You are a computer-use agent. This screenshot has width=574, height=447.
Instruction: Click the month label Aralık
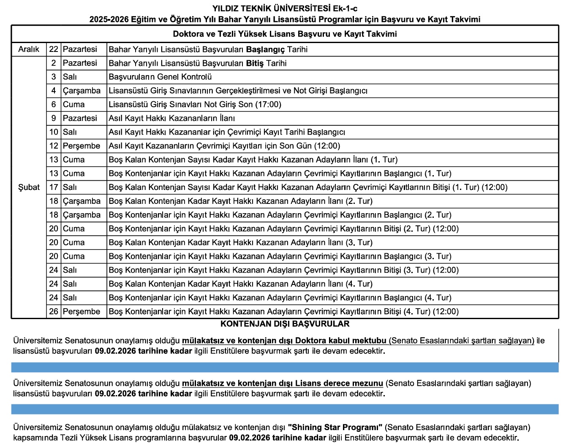[x=29, y=49]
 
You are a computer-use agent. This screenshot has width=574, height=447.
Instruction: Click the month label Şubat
[x=29, y=187]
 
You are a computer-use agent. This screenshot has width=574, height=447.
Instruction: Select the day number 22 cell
[x=54, y=49]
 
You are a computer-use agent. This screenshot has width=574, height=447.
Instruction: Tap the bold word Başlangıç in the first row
[x=265, y=49]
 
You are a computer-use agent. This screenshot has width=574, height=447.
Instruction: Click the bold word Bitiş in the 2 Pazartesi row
[x=255, y=63]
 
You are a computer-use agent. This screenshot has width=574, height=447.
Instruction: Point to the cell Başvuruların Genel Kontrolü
[x=160, y=77]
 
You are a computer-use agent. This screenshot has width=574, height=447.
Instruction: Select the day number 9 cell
[x=54, y=118]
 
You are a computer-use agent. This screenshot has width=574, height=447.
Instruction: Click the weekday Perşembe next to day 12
[x=82, y=146]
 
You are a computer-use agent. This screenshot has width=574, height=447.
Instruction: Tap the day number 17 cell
[x=54, y=187]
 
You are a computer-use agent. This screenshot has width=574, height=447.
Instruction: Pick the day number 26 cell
[x=54, y=312]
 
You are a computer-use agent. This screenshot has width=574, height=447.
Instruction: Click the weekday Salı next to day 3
[x=70, y=77]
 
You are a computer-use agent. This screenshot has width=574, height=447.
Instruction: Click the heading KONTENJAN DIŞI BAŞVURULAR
[x=285, y=324]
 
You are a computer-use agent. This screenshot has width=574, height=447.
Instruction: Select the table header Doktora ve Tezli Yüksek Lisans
[x=285, y=34]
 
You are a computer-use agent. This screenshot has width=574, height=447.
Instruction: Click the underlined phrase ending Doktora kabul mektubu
[x=284, y=341]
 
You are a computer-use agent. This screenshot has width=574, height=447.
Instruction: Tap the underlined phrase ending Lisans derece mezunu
[x=282, y=383]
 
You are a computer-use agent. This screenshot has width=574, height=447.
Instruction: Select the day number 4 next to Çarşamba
[x=54, y=91]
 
